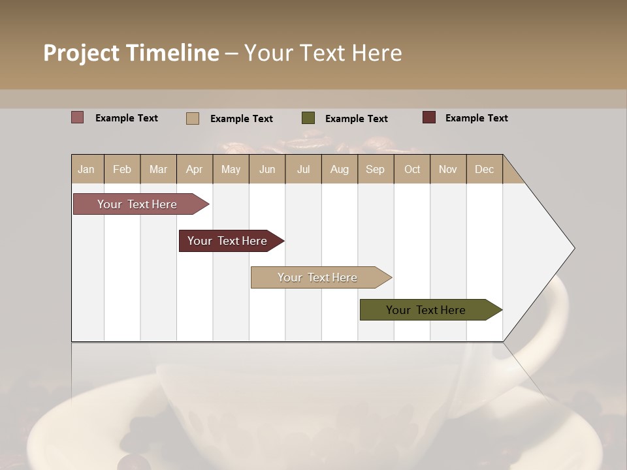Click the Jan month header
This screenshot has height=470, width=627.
pyautogui.click(x=86, y=169)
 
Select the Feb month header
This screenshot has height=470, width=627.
pyautogui.click(x=122, y=169)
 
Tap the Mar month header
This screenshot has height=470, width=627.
pyautogui.click(x=158, y=169)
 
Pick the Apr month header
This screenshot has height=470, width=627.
pyautogui.click(x=194, y=169)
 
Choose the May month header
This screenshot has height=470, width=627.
pyautogui.click(x=231, y=169)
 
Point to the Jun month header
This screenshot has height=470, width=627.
pyautogui.click(x=267, y=169)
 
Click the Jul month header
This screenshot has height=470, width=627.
pyautogui.click(x=303, y=169)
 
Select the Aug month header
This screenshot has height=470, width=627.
pyautogui.click(x=339, y=169)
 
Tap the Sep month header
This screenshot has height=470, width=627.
pyautogui.click(x=375, y=169)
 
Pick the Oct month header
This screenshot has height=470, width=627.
pyautogui.click(x=412, y=169)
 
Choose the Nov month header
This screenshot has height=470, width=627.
pyautogui.click(x=448, y=169)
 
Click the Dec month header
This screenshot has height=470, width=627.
pyautogui.click(x=484, y=169)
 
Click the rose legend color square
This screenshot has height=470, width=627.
pyautogui.click(x=77, y=117)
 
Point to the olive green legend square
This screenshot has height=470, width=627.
pyautogui.click(x=308, y=117)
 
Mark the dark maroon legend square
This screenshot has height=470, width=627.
pyautogui.click(x=428, y=117)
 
